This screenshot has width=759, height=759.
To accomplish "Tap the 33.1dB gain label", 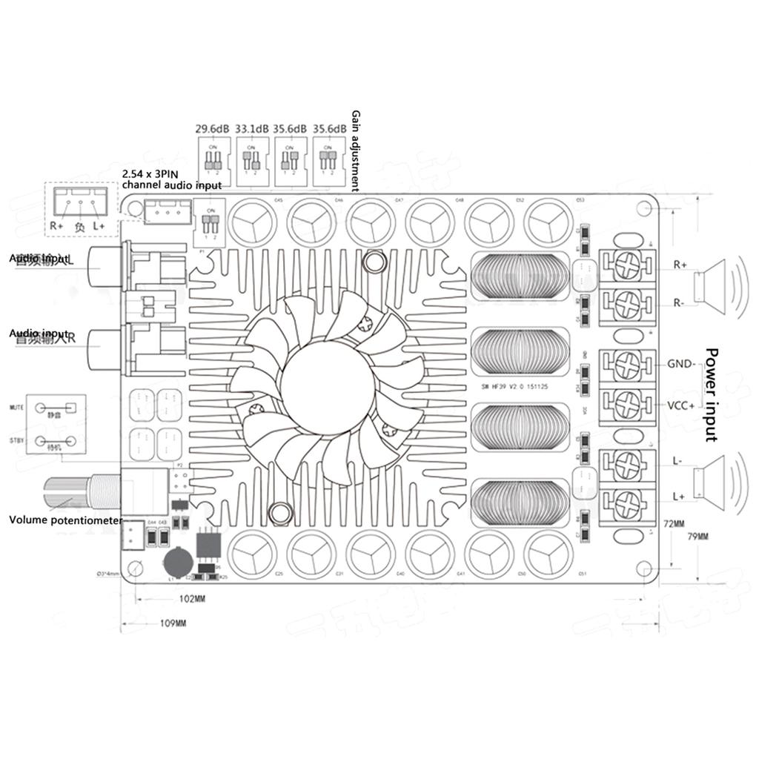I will (x=251, y=128).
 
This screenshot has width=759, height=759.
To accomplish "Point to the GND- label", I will (x=680, y=364).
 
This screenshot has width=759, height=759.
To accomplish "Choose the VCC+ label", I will (x=680, y=405).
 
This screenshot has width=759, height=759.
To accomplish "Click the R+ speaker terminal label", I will (x=680, y=264).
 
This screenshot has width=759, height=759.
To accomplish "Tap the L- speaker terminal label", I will (x=677, y=460).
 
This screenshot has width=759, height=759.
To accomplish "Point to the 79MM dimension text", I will (x=698, y=536).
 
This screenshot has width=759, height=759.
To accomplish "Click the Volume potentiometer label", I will (x=65, y=520).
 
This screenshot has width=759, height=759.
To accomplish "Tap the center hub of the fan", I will (x=327, y=386).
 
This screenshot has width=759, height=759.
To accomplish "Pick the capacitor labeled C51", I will (x=549, y=552).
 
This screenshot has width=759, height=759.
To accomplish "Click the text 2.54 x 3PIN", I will (x=149, y=173).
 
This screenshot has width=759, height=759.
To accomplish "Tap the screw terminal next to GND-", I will (x=628, y=364).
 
